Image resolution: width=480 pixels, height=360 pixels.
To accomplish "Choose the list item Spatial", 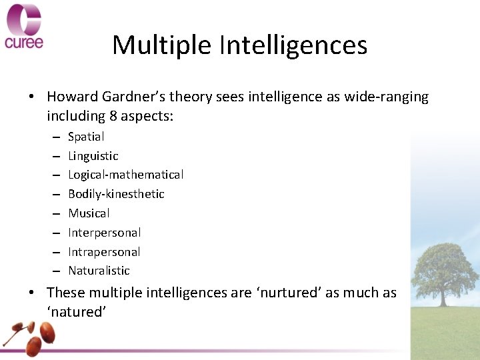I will pos(86,137).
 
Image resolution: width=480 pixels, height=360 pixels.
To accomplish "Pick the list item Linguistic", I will pos(93,156).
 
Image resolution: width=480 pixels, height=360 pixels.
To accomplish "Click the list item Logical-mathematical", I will pos(125,175).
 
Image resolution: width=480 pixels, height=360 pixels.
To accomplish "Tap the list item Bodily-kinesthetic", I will pos(116,194).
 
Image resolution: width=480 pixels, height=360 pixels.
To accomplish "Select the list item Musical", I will pos(89,213).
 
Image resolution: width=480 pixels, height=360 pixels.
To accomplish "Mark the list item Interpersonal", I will pos(104,233).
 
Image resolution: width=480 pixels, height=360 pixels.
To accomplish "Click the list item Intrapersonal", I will pos(104,252).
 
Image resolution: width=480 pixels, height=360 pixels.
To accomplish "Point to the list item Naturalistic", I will pos(99,271).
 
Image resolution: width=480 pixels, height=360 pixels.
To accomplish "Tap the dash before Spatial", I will pos(53,137).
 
